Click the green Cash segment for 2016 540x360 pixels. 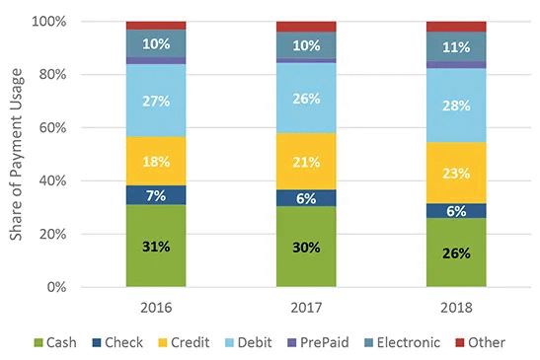[x=155, y=261]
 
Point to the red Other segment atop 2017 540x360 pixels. [x=305, y=27]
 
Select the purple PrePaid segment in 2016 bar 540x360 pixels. [x=155, y=61]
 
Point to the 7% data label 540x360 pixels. [x=155, y=195]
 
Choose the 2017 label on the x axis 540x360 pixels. [x=305, y=306]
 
